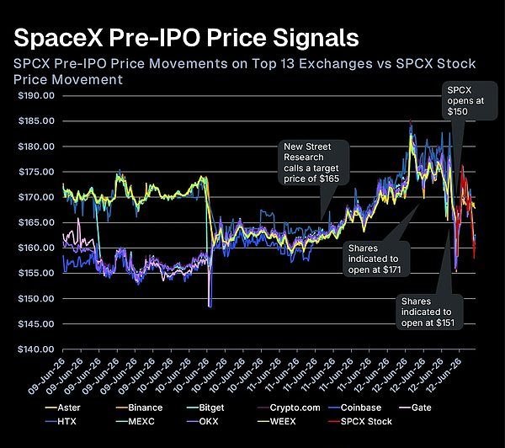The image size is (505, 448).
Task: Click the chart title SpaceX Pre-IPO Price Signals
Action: click(186, 38)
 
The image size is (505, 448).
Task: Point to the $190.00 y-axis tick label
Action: click(36, 96)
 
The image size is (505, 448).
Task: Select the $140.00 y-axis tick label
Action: click(36, 349)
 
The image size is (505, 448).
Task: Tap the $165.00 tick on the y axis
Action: click(36, 222)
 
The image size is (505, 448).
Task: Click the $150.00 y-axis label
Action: click(36, 298)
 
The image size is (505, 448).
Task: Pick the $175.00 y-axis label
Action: click(36, 172)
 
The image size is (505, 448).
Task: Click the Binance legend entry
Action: click(139, 408)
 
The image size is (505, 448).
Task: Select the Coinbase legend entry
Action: click(354, 408)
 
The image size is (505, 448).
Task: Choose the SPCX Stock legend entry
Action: click(360, 422)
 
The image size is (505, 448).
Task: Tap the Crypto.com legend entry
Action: click(289, 408)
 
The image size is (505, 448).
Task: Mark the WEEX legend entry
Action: click(276, 422)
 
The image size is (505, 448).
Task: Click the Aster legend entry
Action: click(62, 408)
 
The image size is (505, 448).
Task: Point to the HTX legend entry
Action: click(61, 422)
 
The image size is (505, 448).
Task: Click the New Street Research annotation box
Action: click(314, 163)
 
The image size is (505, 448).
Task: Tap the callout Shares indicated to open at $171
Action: click(376, 259)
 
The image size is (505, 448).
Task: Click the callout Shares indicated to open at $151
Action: click(429, 312)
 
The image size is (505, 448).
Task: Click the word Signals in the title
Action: click(316, 39)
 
